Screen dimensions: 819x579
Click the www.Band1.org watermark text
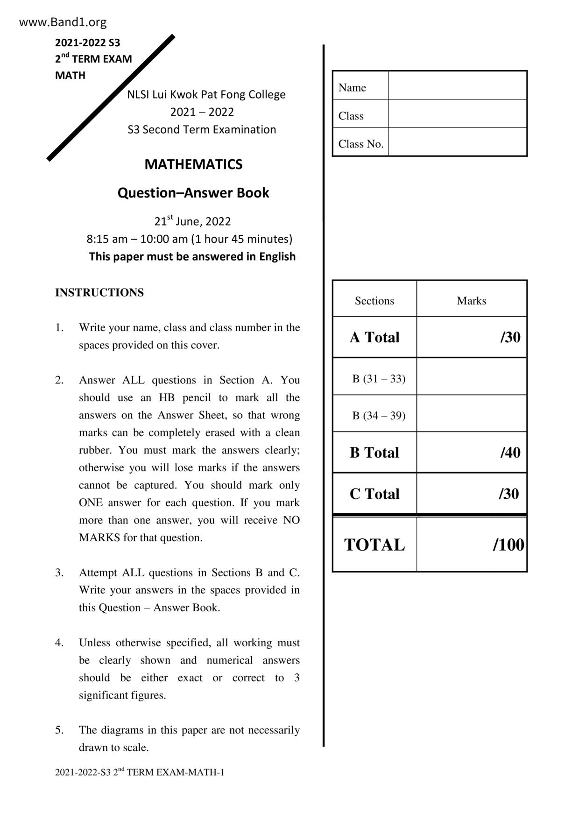pos(63,22)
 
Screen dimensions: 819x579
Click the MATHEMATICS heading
pos(193,164)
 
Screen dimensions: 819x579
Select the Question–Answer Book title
pos(193,193)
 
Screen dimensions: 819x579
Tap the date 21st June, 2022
pos(192,221)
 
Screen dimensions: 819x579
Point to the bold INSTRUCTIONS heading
pos(99,293)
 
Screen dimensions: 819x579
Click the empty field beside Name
pos(458,85)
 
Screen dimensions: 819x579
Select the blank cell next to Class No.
pos(458,142)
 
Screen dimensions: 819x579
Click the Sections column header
pos(374,301)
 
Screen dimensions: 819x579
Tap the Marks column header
pos(471,301)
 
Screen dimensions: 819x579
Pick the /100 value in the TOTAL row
pos(508,545)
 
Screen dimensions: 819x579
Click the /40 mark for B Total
pos(510,452)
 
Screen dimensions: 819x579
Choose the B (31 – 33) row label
pos(378,379)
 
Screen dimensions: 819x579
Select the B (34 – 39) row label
pos(378,416)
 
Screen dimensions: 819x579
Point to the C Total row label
pos(374,494)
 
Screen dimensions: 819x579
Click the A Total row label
pos(374,337)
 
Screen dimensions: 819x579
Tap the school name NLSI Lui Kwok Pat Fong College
pos(206,94)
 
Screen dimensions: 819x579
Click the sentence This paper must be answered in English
pos(192,256)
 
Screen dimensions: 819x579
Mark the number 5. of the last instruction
pos(59,730)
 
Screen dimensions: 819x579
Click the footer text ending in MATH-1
pos(140,772)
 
